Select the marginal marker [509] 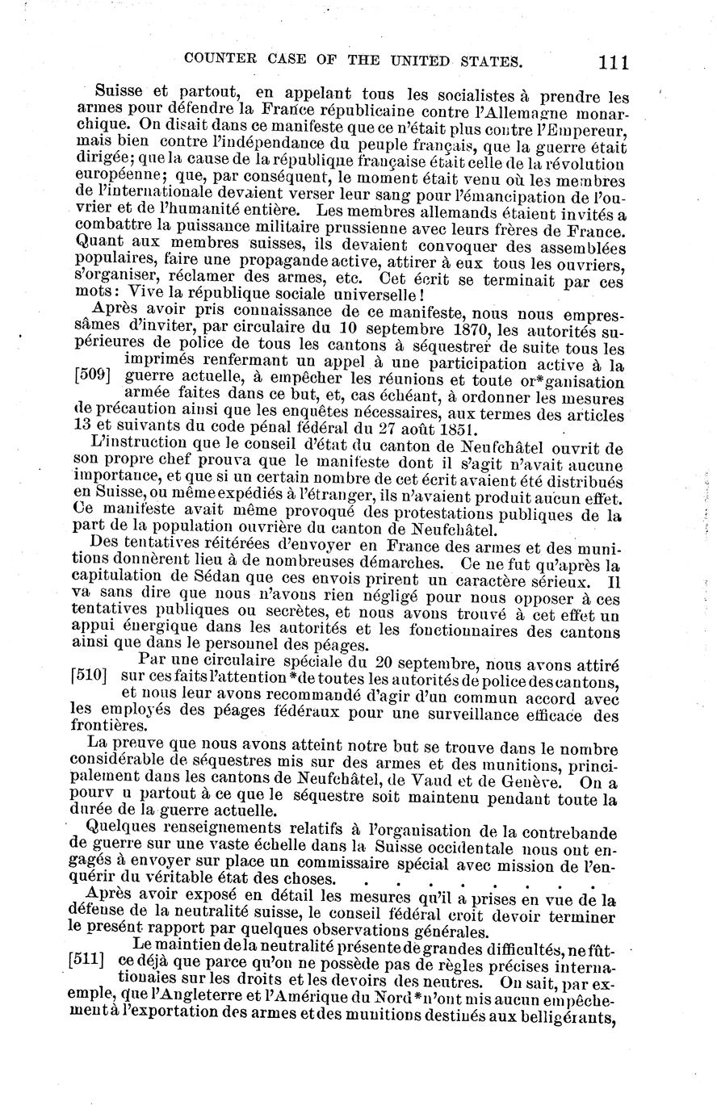coord(90,376)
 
